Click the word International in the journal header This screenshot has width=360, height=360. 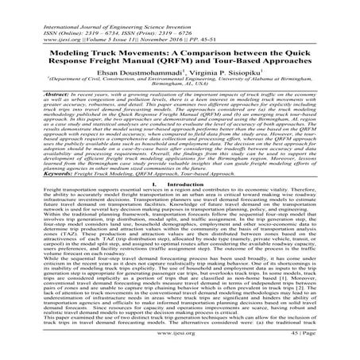(28, 7)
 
